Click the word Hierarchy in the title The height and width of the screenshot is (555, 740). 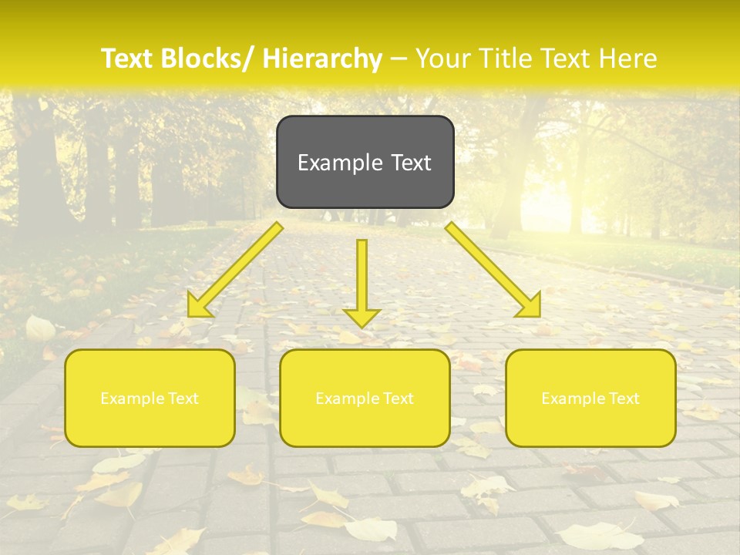322,59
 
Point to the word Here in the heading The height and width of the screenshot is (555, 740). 627,59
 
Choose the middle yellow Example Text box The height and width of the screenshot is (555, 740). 365,420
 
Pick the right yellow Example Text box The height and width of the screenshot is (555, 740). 590,420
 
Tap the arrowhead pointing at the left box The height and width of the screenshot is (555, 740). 198,307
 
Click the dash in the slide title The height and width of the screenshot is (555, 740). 399,59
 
